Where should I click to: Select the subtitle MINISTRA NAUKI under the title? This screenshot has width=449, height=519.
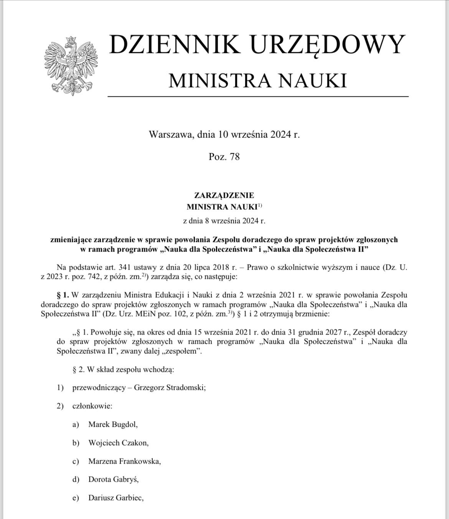click(258, 81)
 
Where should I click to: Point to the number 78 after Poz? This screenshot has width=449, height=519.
click(234, 156)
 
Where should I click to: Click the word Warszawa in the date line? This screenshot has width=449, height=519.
click(171, 134)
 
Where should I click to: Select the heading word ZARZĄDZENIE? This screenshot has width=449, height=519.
click(224, 196)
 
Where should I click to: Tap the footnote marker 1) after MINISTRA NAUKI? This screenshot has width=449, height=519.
click(260, 206)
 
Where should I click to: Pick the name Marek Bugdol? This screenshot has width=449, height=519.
click(112, 424)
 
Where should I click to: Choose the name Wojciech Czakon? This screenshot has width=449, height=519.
click(118, 443)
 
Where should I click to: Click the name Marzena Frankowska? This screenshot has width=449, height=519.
click(124, 461)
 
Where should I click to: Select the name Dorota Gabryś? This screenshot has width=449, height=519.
click(113, 479)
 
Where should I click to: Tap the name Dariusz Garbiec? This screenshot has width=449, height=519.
click(116, 498)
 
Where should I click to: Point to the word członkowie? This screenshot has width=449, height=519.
click(92, 406)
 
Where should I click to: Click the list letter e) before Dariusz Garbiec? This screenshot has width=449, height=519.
click(76, 498)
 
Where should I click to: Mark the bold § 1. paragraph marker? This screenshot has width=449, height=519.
click(63, 295)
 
